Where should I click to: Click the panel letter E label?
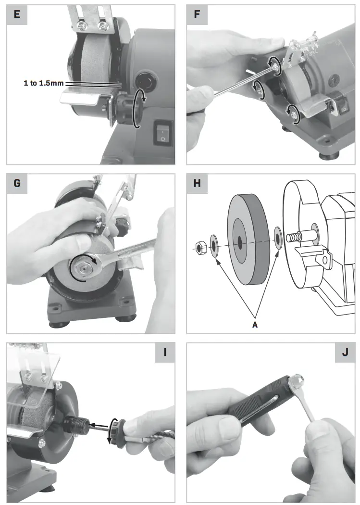17,14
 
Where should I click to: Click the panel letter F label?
197,14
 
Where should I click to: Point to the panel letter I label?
165,353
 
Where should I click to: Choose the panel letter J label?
345,353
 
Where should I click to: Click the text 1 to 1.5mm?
44,83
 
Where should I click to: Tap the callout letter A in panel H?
255,325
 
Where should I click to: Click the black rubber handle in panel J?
257,403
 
